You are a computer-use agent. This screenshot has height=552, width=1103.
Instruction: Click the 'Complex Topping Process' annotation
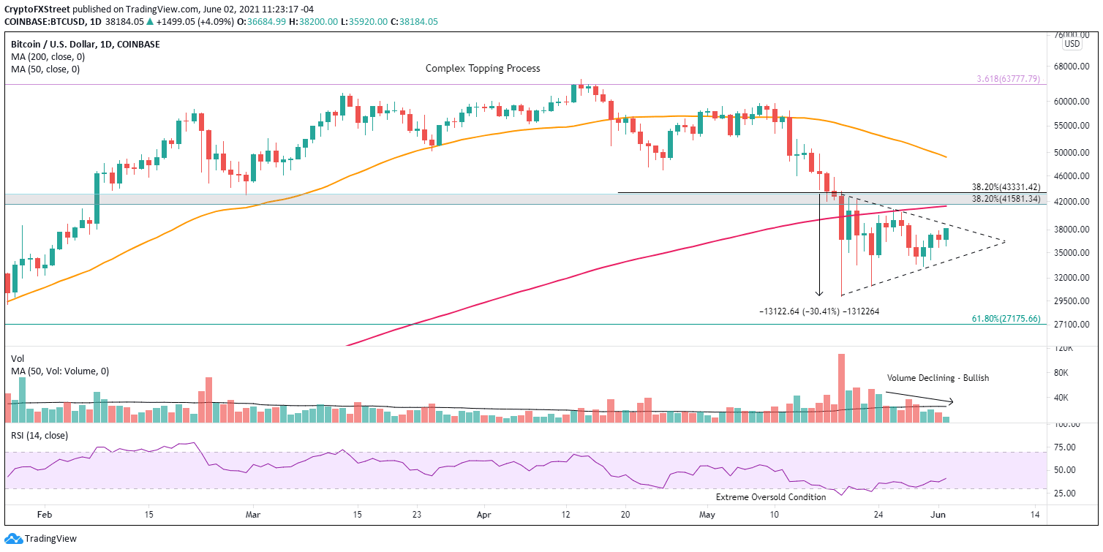pyautogui.click(x=483, y=68)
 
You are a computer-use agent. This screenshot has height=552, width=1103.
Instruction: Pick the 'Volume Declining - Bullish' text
pyautogui.click(x=938, y=378)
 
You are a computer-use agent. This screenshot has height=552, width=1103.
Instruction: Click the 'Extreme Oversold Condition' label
pyautogui.click(x=770, y=497)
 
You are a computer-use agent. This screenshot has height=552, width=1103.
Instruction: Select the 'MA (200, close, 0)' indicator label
pyautogui.click(x=45, y=57)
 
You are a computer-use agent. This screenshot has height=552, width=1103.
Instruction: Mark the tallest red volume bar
pyautogui.click(x=842, y=388)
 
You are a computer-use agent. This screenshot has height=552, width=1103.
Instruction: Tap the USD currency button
pyautogui.click(x=1072, y=44)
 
